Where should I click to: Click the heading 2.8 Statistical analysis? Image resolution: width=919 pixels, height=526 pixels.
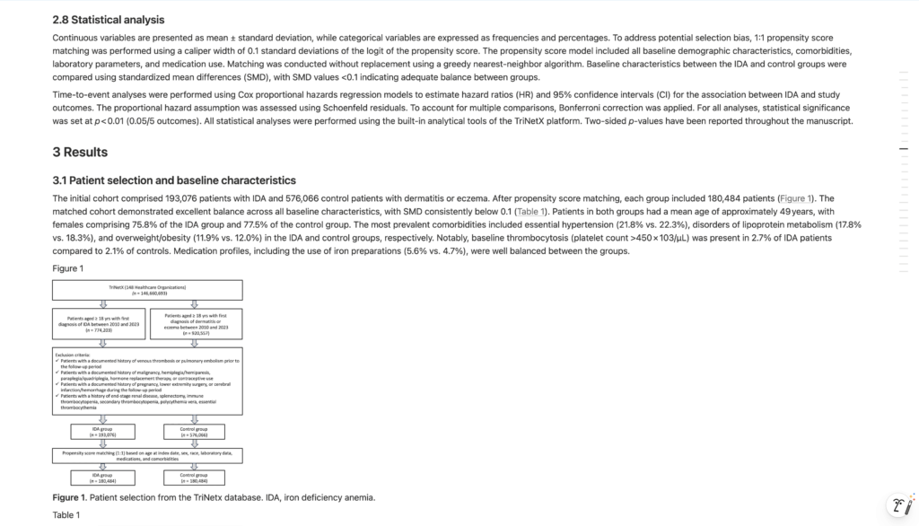coord(109,20)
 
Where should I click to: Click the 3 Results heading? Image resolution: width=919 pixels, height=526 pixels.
coord(80,152)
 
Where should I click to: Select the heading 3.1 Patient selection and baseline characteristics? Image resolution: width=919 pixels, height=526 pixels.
coord(173,180)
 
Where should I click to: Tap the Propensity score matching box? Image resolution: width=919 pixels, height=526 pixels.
coord(147,457)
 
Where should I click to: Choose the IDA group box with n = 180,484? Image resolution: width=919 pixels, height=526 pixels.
coord(101,478)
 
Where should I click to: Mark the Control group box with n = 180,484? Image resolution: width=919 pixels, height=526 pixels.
coord(194,478)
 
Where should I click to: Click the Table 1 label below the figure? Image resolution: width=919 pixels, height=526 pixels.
coord(66,514)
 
